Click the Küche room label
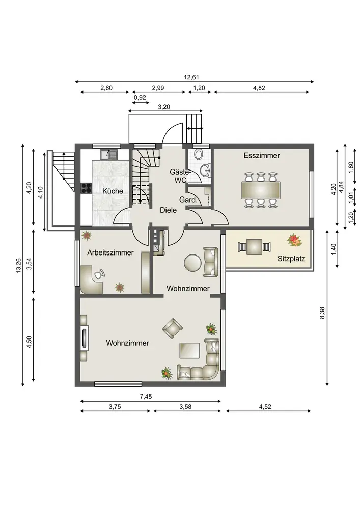(x=113, y=191)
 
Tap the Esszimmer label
(x=262, y=155)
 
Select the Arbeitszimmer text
(x=110, y=252)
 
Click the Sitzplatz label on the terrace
(x=291, y=259)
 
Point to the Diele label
(x=169, y=210)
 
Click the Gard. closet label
(x=188, y=200)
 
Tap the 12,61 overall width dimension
(x=191, y=77)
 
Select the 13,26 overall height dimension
(x=18, y=265)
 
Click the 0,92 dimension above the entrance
(x=140, y=97)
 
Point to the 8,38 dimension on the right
(x=322, y=313)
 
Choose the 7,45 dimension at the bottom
(x=146, y=397)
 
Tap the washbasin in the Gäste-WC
(x=206, y=169)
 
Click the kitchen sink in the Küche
(x=109, y=155)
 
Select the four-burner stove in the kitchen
(x=86, y=188)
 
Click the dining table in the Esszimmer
(x=261, y=189)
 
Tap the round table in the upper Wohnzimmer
(x=192, y=262)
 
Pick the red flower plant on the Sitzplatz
(x=294, y=240)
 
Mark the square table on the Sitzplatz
(x=255, y=247)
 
